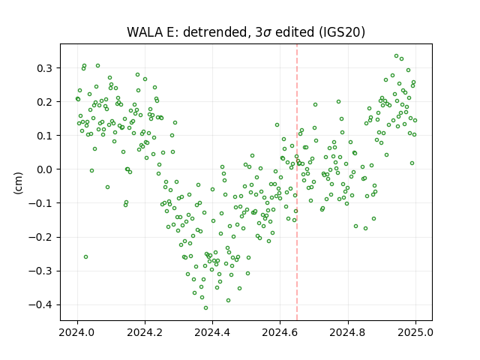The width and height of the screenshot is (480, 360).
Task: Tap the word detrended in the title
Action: [x=215, y=32]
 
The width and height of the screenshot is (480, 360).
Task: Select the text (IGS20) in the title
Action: [x=342, y=32]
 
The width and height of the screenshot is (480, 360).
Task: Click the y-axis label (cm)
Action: [x=18, y=183]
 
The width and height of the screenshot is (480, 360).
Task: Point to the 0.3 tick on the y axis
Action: [x=44, y=68]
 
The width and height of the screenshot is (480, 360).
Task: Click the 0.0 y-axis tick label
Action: [x=44, y=169]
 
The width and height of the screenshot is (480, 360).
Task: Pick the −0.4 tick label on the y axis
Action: [x=40, y=305]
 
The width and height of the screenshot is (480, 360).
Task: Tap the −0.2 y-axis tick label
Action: [x=40, y=237]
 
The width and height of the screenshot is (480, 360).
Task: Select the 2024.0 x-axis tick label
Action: [x=77, y=332]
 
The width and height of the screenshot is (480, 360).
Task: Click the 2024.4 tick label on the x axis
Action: [x=212, y=332]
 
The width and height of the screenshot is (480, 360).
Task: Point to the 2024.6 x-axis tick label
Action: [x=280, y=332]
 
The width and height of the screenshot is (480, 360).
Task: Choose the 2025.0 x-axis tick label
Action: [x=415, y=332]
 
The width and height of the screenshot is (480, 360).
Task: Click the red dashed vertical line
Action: [x=297, y=182]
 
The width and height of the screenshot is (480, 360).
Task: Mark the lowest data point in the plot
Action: [x=205, y=308]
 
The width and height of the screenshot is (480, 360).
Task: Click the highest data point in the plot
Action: [x=397, y=56]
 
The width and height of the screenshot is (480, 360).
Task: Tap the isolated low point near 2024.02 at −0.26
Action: [x=85, y=256]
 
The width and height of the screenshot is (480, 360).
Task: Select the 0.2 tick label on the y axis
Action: [x=44, y=102]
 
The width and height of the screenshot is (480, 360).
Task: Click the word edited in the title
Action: [x=295, y=32]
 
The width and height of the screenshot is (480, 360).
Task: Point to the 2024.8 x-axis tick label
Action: [x=348, y=332]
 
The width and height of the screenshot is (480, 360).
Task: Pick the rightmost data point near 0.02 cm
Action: [x=412, y=163]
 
